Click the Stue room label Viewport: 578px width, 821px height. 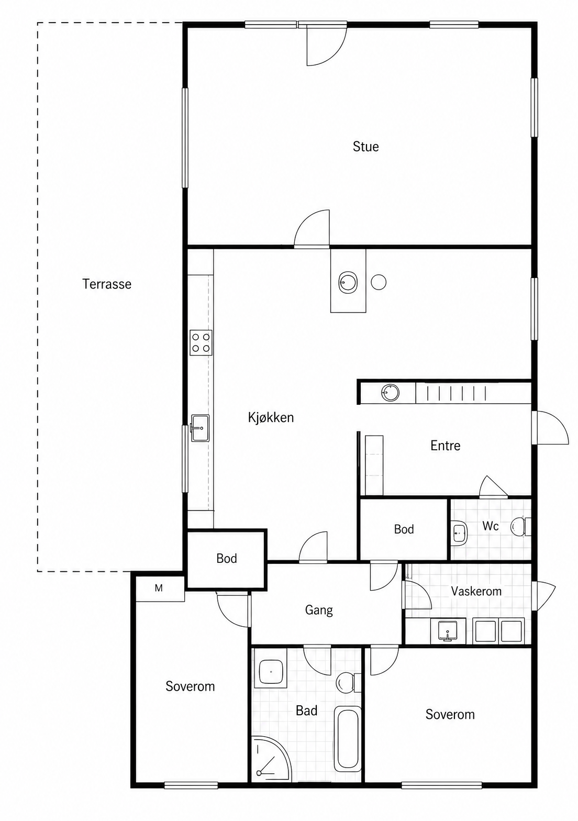[365, 147]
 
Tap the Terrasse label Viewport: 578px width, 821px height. [107, 284]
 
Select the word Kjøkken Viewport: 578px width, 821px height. [271, 417]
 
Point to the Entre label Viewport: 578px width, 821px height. [446, 445]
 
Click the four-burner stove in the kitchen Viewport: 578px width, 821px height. [201, 342]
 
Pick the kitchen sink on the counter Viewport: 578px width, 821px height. [200, 428]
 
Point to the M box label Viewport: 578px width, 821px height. [159, 589]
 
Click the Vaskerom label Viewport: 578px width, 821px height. [476, 591]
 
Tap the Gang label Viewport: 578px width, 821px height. [319, 611]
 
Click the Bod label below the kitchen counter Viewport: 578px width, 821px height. [227, 558]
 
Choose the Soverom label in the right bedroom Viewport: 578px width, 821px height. [450, 714]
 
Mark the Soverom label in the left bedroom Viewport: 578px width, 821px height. [190, 686]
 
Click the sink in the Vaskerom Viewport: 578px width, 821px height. [448, 630]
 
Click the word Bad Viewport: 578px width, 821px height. [306, 711]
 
